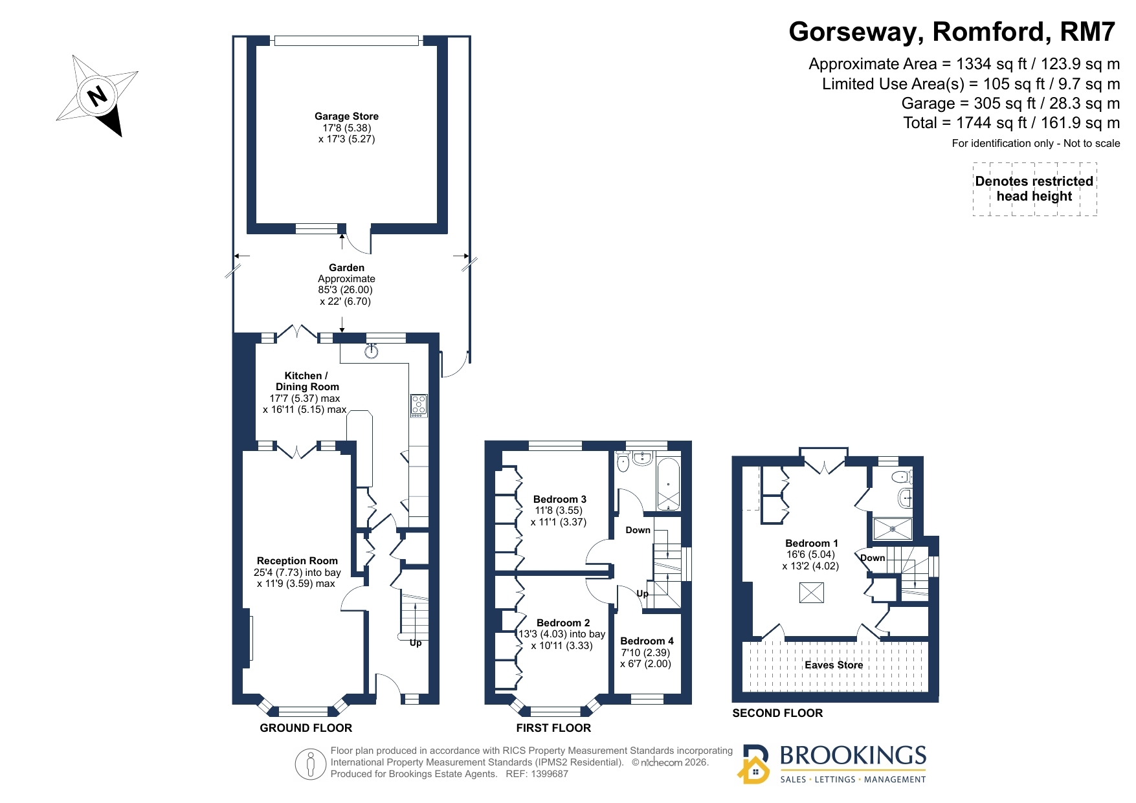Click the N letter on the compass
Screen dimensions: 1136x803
click(98, 96)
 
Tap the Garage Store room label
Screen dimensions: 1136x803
click(346, 116)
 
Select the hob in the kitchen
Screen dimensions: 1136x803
click(419, 405)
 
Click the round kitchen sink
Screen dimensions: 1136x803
click(372, 351)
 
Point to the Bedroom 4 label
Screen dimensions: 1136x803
click(647, 641)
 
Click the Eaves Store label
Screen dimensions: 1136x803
click(834, 665)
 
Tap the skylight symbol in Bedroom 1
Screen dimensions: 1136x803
click(812, 593)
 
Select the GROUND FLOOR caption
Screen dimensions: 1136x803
click(306, 728)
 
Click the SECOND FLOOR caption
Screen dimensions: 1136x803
click(777, 713)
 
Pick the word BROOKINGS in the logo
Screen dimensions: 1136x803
click(853, 756)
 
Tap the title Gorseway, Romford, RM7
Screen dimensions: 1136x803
click(952, 32)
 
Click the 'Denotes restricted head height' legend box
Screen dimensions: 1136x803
click(1034, 189)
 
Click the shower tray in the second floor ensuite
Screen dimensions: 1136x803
click(893, 529)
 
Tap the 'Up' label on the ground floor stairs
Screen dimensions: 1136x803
click(416, 643)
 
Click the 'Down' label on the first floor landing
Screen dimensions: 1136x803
click(638, 530)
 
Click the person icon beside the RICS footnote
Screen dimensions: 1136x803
click(311, 764)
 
